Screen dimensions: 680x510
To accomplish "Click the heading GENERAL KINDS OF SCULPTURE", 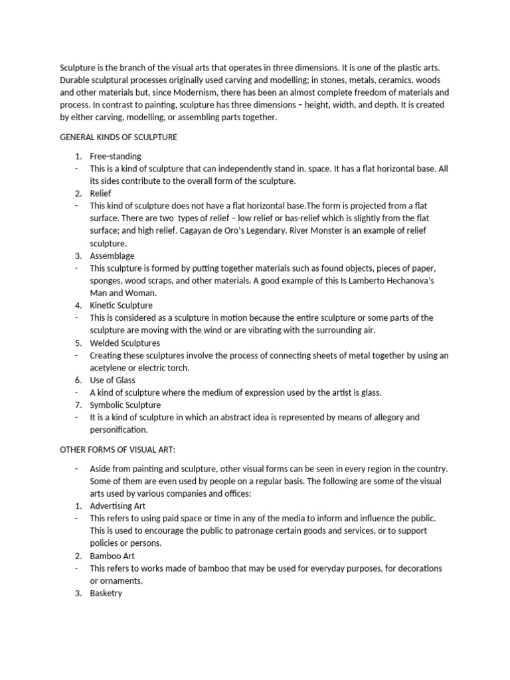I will [x=118, y=137].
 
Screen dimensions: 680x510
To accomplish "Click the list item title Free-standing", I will [x=116, y=156].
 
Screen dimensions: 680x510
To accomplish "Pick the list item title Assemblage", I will [x=112, y=256].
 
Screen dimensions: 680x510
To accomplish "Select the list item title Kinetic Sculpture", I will [x=122, y=305].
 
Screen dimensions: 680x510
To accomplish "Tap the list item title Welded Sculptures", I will [x=126, y=343].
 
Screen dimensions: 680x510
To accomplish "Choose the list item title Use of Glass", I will [x=113, y=380].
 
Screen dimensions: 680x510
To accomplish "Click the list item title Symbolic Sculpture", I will [x=126, y=405].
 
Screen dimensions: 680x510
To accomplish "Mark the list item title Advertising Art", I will [x=118, y=506].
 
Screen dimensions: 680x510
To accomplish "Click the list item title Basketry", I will [x=106, y=593].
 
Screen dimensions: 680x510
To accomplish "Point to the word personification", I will [x=119, y=430].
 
